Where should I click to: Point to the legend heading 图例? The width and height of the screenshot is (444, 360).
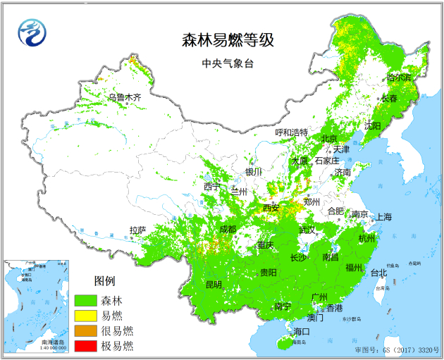pos(104,280)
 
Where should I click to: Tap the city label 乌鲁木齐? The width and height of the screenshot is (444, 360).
pos(125,97)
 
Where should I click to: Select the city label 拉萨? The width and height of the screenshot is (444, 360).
pos(137,230)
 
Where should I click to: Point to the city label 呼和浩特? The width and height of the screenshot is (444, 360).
pos(291,132)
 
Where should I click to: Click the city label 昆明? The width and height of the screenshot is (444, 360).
pos(213,285)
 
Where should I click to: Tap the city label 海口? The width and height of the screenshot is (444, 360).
pos(302,331)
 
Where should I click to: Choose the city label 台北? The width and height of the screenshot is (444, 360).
pos(378,273)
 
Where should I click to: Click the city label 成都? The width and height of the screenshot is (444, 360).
pos(228,229)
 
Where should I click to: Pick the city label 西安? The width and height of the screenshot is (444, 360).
pos(271,208)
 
